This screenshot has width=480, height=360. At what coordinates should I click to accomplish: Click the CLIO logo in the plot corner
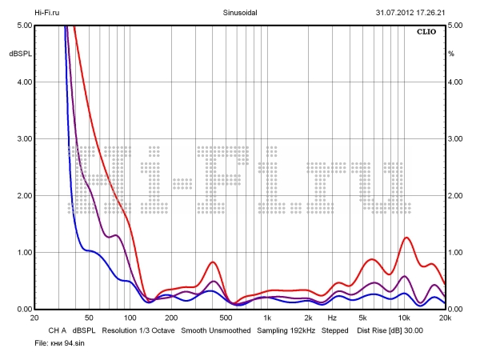[x=426, y=33]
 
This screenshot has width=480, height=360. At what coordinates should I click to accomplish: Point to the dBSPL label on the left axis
[x=19, y=54]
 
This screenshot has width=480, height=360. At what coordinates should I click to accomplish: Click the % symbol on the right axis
[x=451, y=54]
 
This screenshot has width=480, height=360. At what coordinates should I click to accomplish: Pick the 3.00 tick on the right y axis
[x=456, y=139]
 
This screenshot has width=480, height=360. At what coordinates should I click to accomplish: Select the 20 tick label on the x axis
[x=34, y=318]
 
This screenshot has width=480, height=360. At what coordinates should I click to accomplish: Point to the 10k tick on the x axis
[x=404, y=318]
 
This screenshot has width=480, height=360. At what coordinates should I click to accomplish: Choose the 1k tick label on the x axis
[x=267, y=318]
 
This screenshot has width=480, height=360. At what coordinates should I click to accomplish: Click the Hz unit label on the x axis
[x=331, y=318]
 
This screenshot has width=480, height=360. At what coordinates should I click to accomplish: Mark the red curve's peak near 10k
[x=407, y=238]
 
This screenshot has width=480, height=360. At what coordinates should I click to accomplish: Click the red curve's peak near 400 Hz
[x=213, y=262]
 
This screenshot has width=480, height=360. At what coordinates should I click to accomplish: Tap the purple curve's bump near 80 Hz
[x=116, y=235]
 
